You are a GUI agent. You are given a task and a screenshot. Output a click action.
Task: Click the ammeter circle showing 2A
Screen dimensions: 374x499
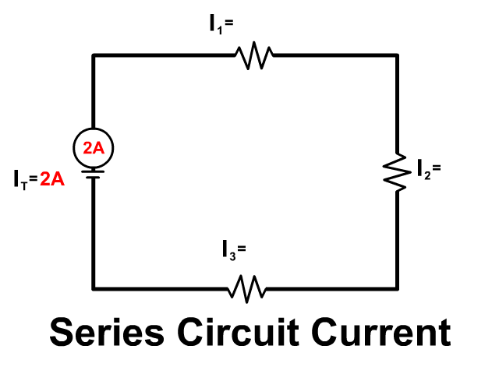tap(94, 147)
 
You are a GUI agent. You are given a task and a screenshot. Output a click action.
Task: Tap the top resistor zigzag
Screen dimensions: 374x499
tap(253, 56)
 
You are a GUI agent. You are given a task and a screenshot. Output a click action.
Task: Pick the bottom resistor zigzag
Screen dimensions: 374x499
tap(247, 288)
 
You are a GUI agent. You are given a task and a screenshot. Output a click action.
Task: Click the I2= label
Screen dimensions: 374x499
tap(429, 168)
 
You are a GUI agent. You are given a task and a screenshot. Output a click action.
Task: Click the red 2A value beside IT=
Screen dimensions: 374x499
tap(52, 178)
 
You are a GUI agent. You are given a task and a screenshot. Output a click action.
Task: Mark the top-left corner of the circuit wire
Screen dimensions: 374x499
tap(94, 55)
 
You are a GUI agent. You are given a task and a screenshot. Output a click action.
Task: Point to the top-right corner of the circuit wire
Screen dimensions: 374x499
tap(398, 55)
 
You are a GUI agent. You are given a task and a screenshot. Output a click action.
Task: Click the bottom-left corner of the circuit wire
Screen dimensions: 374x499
tap(94, 288)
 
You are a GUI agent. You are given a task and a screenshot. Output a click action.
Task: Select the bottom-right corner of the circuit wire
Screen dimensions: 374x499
tap(398, 288)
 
